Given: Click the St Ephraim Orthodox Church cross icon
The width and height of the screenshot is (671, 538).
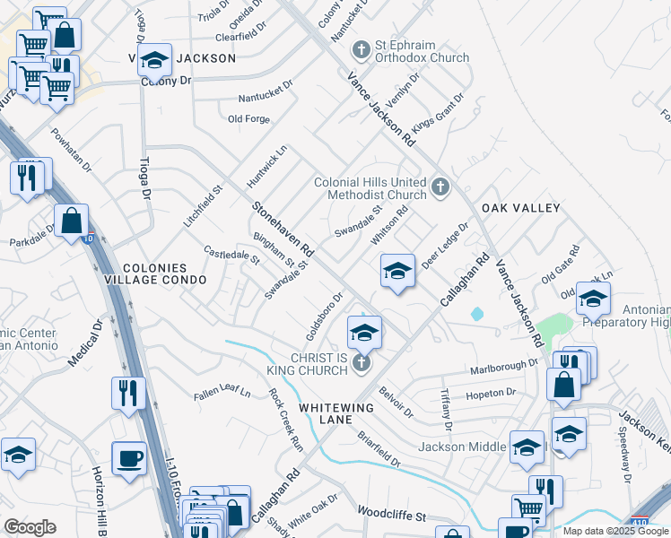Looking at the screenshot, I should [362, 48].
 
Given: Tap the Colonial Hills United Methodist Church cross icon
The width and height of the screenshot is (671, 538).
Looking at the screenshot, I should [440, 187].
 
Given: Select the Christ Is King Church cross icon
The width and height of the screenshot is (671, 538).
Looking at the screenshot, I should [361, 362].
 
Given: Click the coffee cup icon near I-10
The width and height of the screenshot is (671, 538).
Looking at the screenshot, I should [128, 459].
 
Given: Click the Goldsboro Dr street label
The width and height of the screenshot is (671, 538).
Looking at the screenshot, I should [325, 316].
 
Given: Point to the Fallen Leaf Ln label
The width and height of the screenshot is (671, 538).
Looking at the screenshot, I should [222, 393].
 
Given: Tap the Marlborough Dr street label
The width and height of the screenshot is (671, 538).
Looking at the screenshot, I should [503, 368].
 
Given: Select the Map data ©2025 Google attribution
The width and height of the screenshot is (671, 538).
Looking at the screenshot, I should [616, 531].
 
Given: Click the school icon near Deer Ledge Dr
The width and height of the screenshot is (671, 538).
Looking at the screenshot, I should [396, 269].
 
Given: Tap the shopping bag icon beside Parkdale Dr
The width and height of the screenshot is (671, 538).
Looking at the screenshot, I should [71, 220].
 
